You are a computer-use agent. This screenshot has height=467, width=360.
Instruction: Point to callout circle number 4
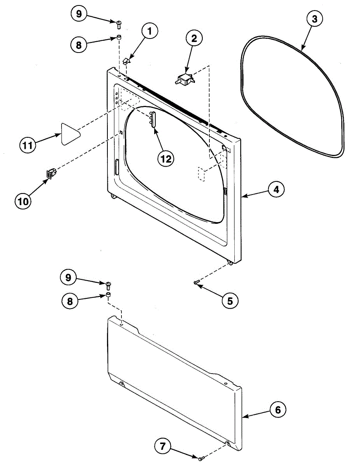click(276, 190)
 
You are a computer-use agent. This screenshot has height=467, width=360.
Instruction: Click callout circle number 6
click(277, 410)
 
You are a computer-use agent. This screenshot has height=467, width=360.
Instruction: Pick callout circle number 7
click(162, 446)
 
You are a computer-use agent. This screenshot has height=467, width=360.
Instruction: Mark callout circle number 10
click(23, 201)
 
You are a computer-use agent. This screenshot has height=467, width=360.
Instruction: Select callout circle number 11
click(28, 146)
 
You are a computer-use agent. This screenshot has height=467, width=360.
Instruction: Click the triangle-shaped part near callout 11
click(70, 133)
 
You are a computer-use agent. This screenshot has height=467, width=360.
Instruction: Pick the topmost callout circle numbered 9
click(79, 14)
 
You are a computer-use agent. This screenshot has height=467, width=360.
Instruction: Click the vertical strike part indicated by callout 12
click(152, 119)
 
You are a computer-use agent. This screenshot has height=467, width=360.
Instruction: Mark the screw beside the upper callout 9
click(119, 25)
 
